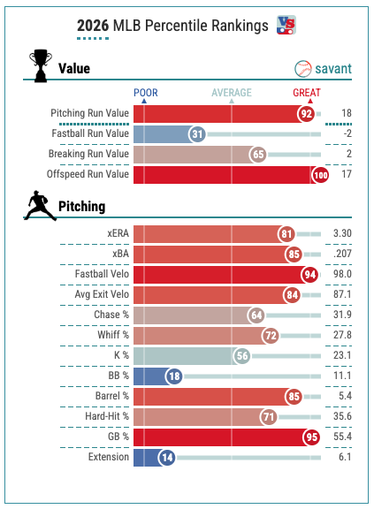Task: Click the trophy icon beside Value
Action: tap(41, 65)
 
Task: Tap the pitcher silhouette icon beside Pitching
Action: tap(40, 206)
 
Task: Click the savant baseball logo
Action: tap(302, 69)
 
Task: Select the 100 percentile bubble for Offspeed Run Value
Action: tap(320, 175)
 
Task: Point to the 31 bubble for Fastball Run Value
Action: tap(197, 134)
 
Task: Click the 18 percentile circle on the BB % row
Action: tap(174, 376)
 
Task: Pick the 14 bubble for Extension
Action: tap(167, 458)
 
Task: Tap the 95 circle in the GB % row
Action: tap(311, 437)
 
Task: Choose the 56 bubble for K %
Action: tap(242, 356)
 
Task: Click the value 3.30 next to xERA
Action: tap(342, 233)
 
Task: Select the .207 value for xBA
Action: tap(342, 254)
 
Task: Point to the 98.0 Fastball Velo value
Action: tap(342, 274)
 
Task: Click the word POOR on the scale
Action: tap(146, 93)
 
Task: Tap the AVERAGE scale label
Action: tap(232, 93)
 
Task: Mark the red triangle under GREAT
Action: tap(310, 102)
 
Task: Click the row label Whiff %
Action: tap(113, 335)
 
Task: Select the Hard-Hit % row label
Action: tap(107, 416)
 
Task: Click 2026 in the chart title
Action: tap(93, 26)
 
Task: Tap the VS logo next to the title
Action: tap(286, 25)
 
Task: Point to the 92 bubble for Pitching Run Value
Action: tap(306, 114)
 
